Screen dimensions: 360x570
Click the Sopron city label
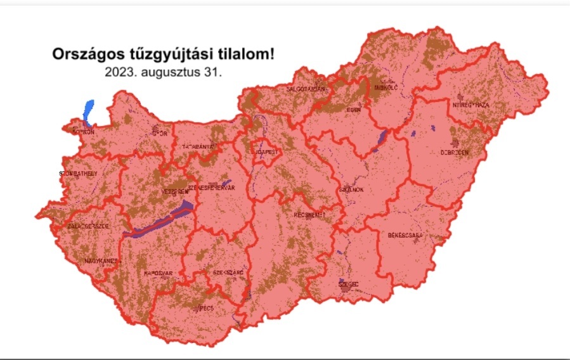[84, 132]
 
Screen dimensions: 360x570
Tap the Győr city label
[160, 134]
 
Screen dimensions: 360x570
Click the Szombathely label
[77, 173]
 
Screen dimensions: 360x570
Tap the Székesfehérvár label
[211, 188]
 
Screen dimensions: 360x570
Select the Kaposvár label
[159, 273]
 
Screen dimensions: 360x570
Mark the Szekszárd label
[228, 273]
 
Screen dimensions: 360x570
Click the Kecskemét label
[310, 215]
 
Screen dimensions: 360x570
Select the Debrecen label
[455, 153]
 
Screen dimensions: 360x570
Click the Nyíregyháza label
[470, 105]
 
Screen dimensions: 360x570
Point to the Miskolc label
[385, 88]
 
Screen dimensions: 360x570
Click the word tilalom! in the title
[243, 54]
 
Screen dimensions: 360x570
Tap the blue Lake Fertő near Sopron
[88, 110]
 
